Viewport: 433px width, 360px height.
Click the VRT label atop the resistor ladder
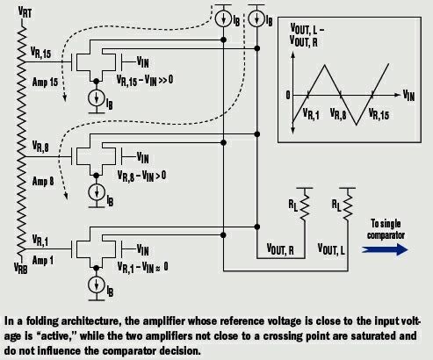coord(25,12)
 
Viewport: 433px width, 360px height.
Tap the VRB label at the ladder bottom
coord(21,268)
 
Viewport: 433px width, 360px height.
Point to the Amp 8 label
coord(43,181)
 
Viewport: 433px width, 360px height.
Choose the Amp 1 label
coord(43,260)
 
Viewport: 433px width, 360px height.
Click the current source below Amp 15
coord(97,98)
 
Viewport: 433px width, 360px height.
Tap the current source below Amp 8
coord(97,192)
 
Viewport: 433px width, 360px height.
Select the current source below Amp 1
coord(97,284)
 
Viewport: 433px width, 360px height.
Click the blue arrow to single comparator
coord(385,249)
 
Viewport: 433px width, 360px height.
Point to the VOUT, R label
coord(280,249)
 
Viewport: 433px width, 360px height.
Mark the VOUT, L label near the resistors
coord(331,249)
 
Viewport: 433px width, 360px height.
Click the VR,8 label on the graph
coord(338,114)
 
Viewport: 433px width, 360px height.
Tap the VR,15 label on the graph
coord(379,114)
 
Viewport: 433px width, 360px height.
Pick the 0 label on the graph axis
coord(288,95)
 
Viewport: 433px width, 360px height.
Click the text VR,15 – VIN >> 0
coord(145,80)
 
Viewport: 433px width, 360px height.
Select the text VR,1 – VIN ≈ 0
coord(142,267)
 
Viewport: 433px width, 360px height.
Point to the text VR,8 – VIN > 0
coord(141,176)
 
